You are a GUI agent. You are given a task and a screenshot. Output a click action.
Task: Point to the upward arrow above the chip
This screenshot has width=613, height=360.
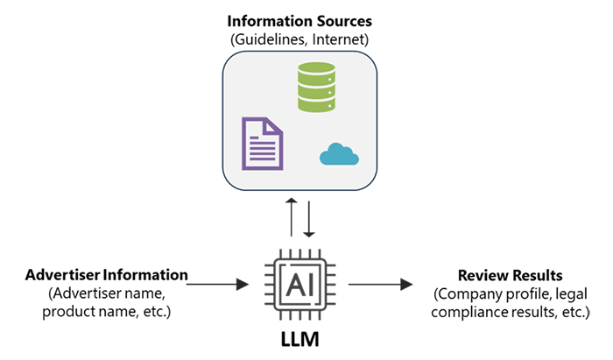click(291, 216)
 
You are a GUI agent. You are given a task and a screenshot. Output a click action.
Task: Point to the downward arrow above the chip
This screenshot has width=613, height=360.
click(308, 216)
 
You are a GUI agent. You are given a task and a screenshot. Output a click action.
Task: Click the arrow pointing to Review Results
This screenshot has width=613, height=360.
click(380, 284)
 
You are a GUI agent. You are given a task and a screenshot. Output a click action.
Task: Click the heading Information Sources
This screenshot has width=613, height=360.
click(299, 19)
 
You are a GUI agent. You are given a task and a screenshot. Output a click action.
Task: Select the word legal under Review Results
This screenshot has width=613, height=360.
click(570, 293)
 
